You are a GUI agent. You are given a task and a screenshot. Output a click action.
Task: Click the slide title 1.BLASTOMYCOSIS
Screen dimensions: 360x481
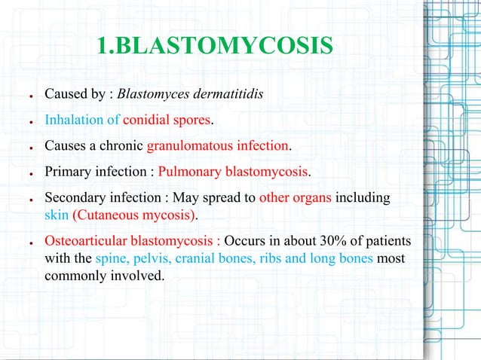pyautogui.click(x=214, y=46)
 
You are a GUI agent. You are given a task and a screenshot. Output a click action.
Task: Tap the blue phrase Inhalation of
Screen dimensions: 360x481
pyautogui.click(x=82, y=121)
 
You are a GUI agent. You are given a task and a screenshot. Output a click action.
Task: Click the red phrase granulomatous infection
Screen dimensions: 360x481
pyautogui.click(x=219, y=145)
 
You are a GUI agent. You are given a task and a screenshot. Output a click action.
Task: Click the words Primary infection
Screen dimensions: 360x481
pyautogui.click(x=96, y=171)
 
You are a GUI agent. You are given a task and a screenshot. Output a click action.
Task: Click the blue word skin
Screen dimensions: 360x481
pyautogui.click(x=57, y=215)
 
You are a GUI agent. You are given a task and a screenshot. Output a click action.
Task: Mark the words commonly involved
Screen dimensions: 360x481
pyautogui.click(x=104, y=276)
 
